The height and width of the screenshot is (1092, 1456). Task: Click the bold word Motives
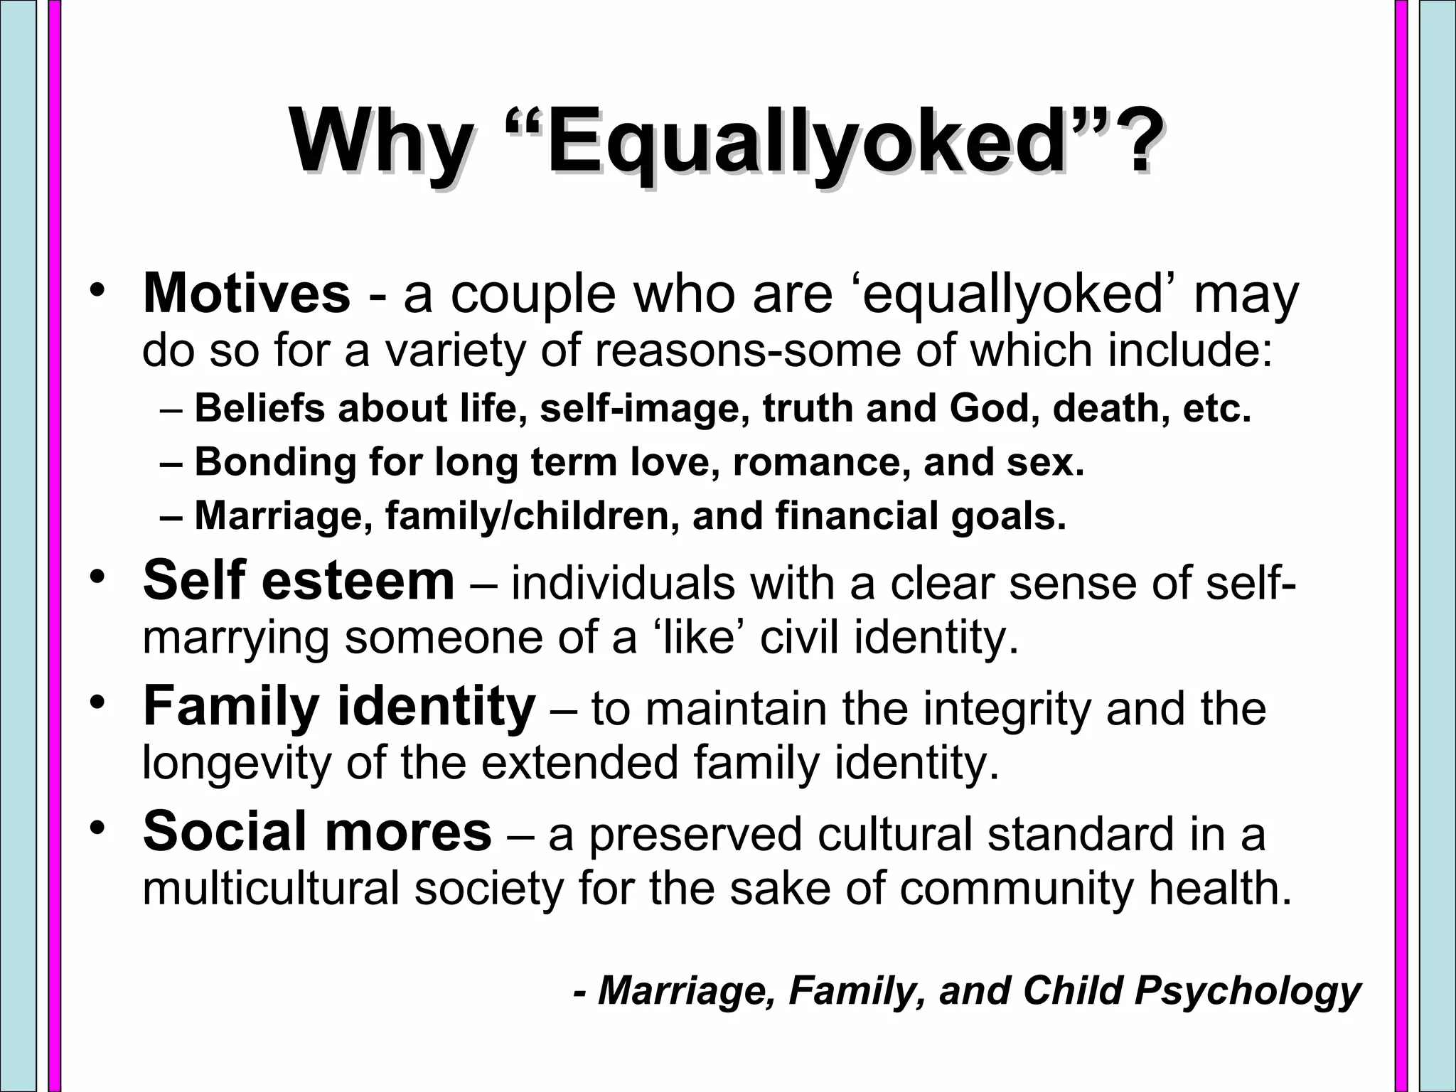pyautogui.click(x=247, y=293)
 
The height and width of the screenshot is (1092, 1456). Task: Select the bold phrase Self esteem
pyautogui.click(x=299, y=581)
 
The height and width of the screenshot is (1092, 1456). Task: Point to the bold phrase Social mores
pyautogui.click(x=317, y=831)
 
